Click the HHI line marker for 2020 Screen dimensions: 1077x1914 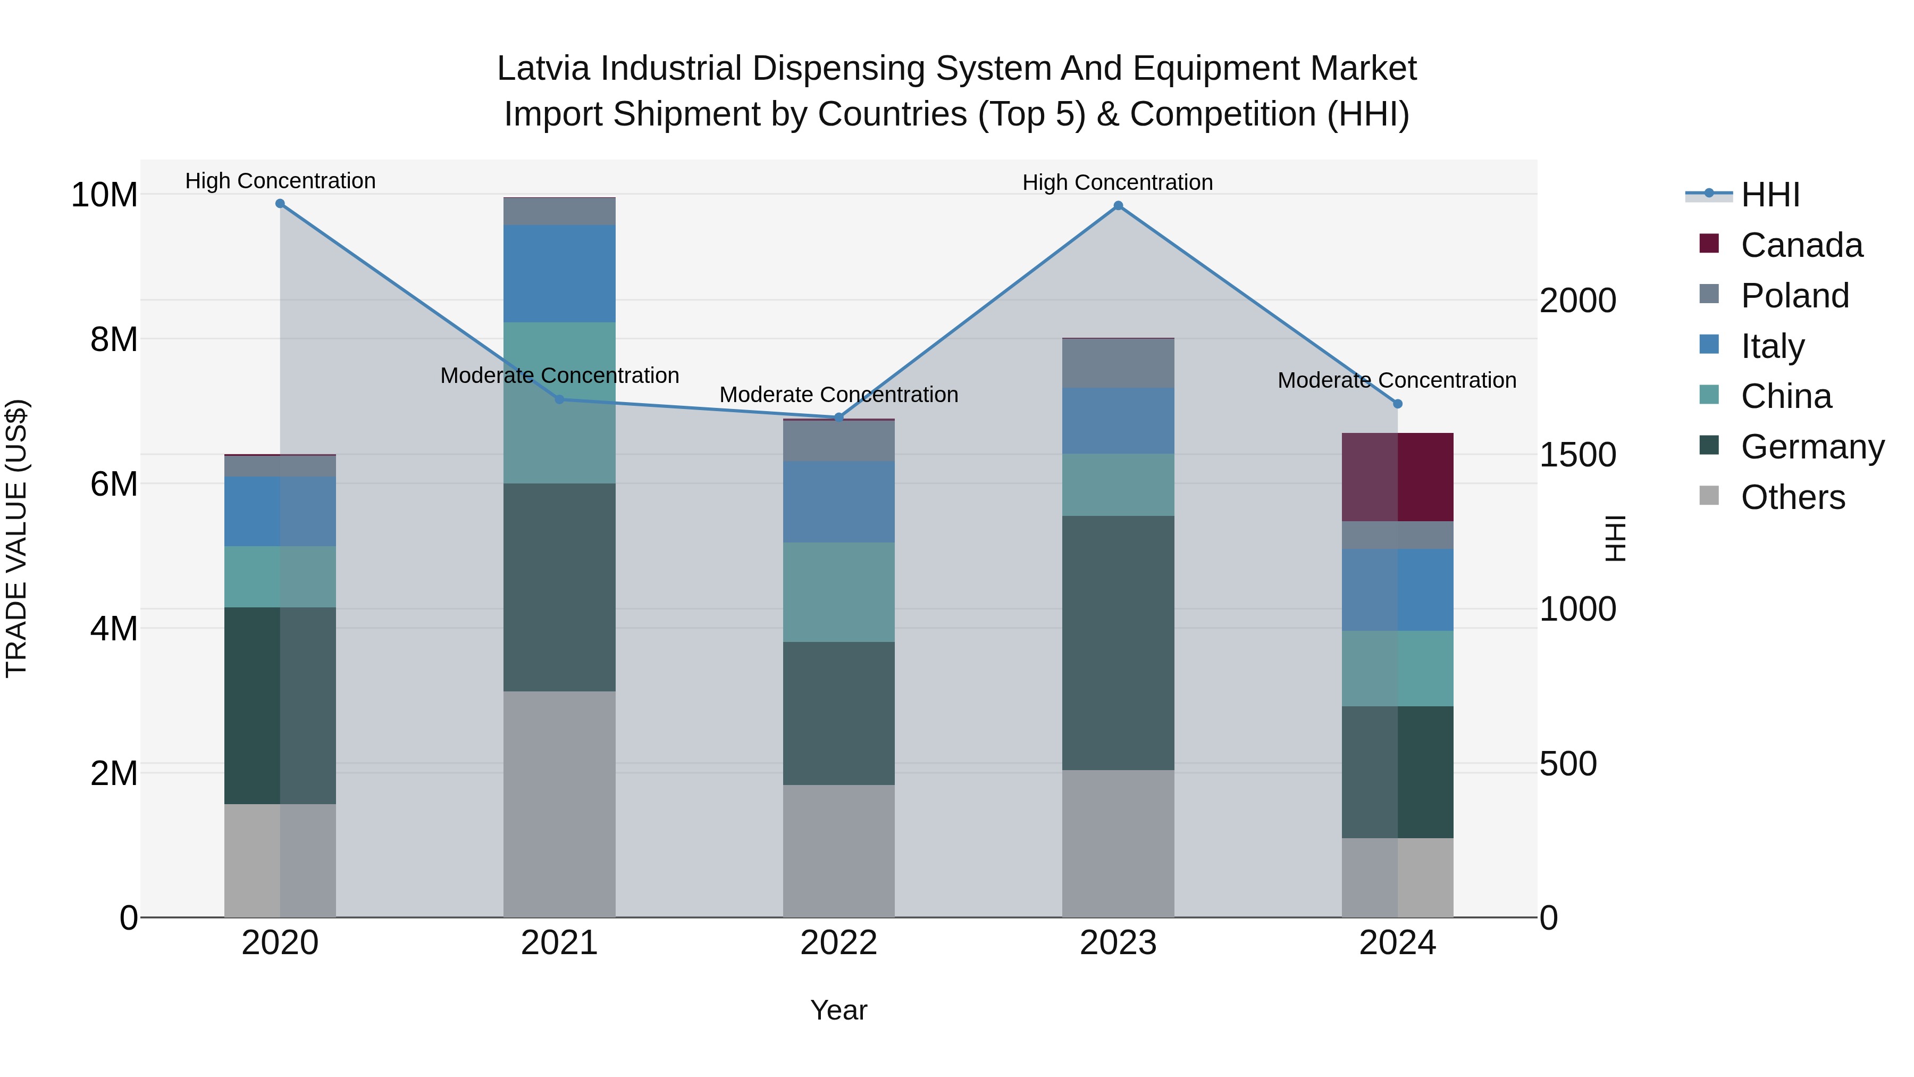click(x=280, y=204)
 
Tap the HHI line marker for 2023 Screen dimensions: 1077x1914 click(x=1118, y=206)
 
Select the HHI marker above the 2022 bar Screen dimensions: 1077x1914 click(x=839, y=418)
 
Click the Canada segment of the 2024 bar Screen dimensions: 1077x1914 click(x=1398, y=477)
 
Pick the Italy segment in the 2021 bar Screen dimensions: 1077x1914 click(x=559, y=273)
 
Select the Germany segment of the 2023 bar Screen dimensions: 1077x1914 click(x=1118, y=643)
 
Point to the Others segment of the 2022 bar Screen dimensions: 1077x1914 click(x=839, y=851)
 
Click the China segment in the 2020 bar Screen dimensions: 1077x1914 click(x=280, y=577)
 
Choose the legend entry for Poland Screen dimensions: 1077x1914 click(x=1794, y=296)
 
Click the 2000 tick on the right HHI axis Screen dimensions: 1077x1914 click(x=1577, y=300)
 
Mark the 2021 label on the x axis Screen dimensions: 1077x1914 click(x=559, y=943)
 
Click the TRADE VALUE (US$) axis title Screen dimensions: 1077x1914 click(x=16, y=538)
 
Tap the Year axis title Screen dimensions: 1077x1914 click(x=839, y=1010)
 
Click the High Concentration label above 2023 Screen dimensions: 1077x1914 click(x=1118, y=182)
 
